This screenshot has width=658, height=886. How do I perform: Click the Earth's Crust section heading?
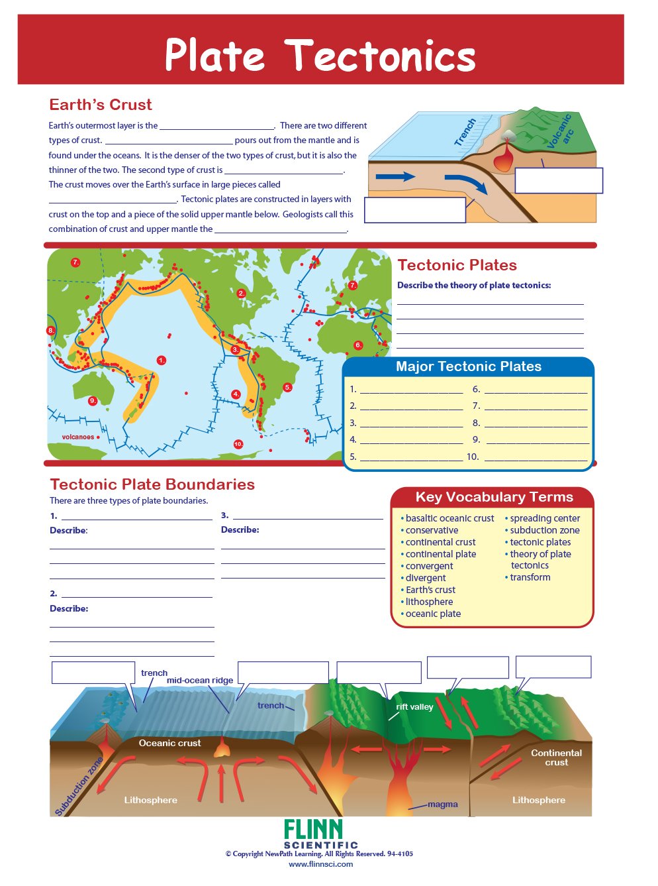(100, 105)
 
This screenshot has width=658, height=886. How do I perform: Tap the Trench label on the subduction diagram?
(465, 132)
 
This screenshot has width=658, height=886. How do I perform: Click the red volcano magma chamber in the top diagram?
(505, 160)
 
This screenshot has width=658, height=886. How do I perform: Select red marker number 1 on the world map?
(162, 360)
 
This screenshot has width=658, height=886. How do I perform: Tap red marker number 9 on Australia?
(93, 401)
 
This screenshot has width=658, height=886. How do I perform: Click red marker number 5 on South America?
(287, 387)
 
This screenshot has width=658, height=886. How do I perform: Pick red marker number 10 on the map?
(238, 444)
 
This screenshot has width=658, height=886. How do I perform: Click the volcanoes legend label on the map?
(78, 437)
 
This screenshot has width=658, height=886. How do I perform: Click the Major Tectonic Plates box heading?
(468, 366)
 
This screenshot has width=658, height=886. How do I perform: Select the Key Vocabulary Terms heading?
(494, 497)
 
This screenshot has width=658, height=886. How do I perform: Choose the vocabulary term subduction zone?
(544, 530)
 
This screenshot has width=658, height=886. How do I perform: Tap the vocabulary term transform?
(530, 577)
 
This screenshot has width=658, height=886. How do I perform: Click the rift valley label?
(414, 707)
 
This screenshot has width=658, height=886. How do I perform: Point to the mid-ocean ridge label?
(200, 681)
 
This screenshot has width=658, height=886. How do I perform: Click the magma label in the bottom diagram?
(442, 804)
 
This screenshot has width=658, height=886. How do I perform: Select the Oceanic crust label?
(169, 744)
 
